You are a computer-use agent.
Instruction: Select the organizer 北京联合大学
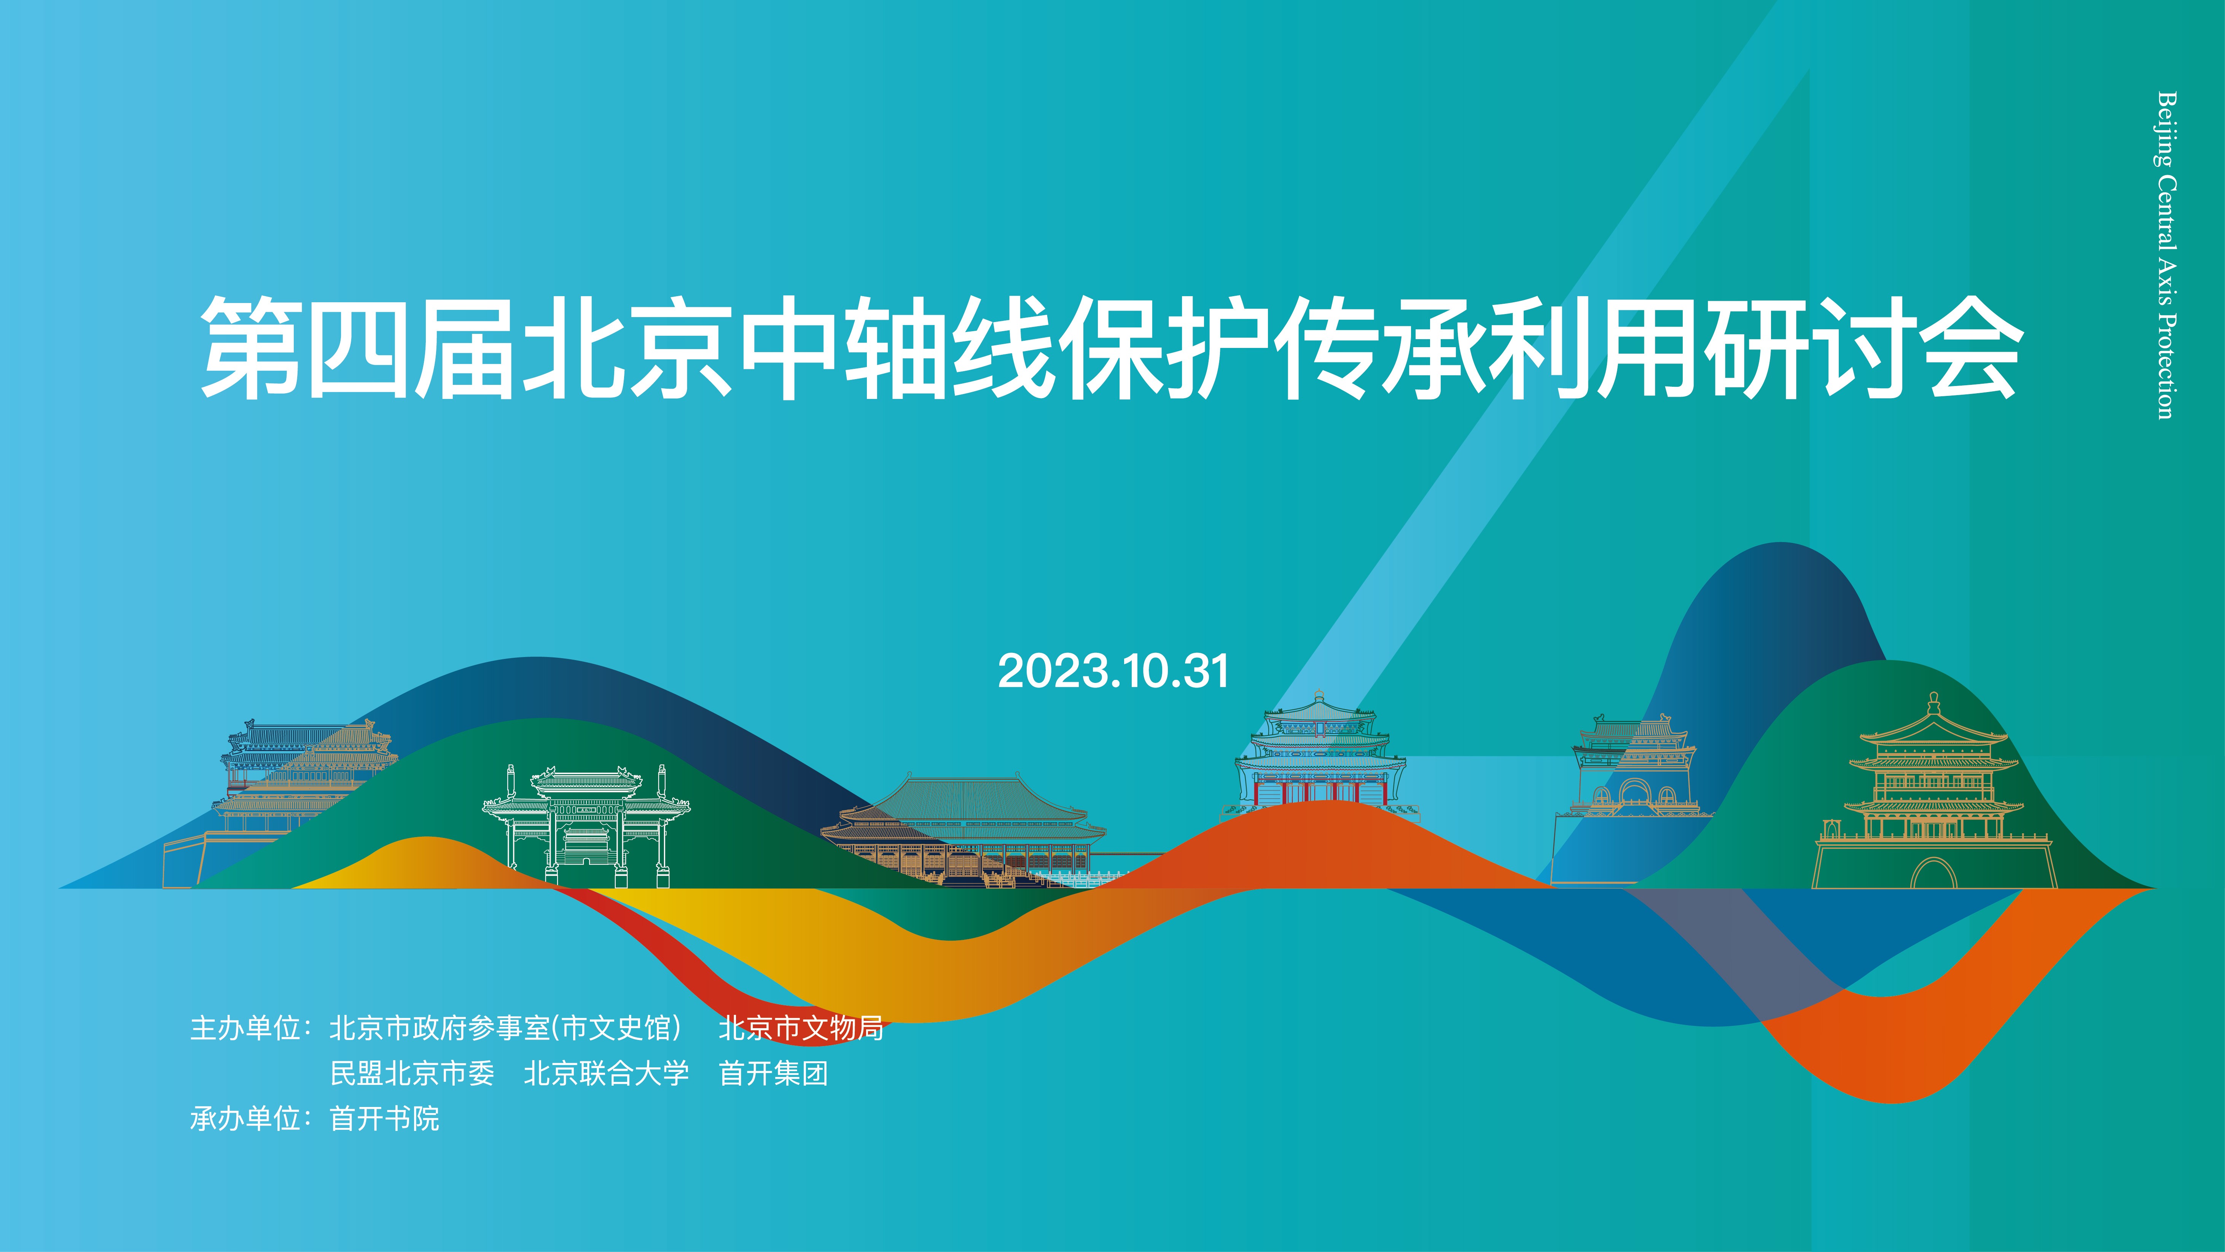pos(606,1073)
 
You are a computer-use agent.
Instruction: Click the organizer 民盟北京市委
pos(412,1073)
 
